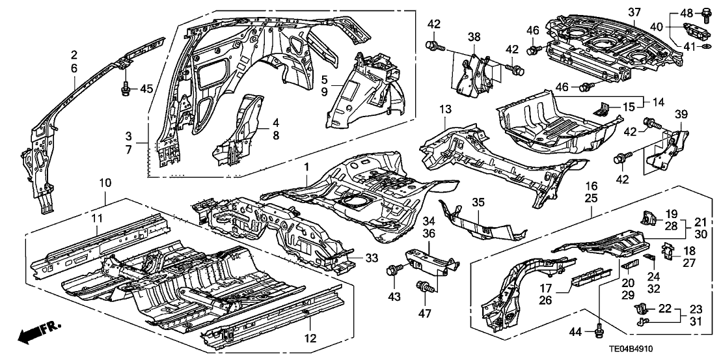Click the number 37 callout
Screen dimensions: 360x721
[616, 11]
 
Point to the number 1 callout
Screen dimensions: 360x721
[305, 168]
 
